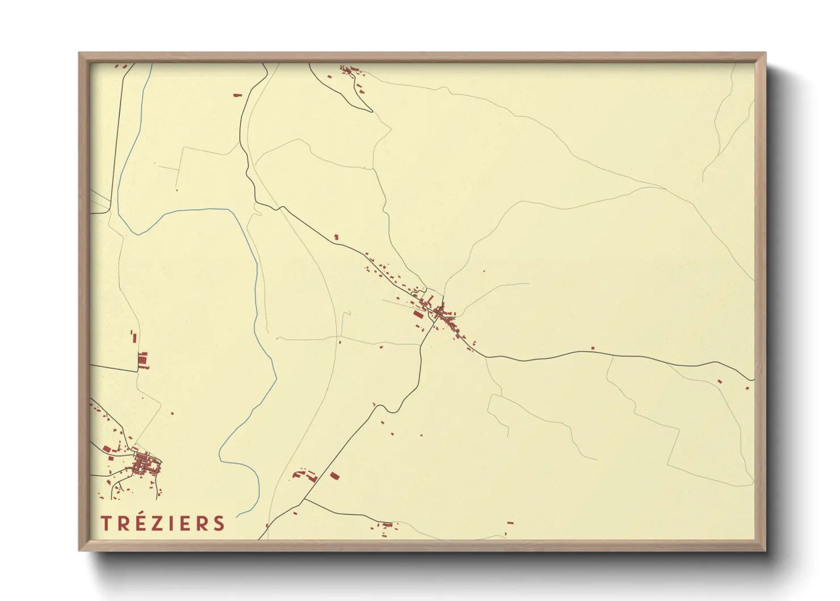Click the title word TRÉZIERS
point(163,523)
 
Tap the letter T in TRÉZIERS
point(106,523)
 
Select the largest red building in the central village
point(418,314)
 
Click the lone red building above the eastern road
point(593,348)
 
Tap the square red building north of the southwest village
point(143,359)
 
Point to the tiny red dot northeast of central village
point(484,271)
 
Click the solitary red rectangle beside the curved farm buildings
point(334,475)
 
